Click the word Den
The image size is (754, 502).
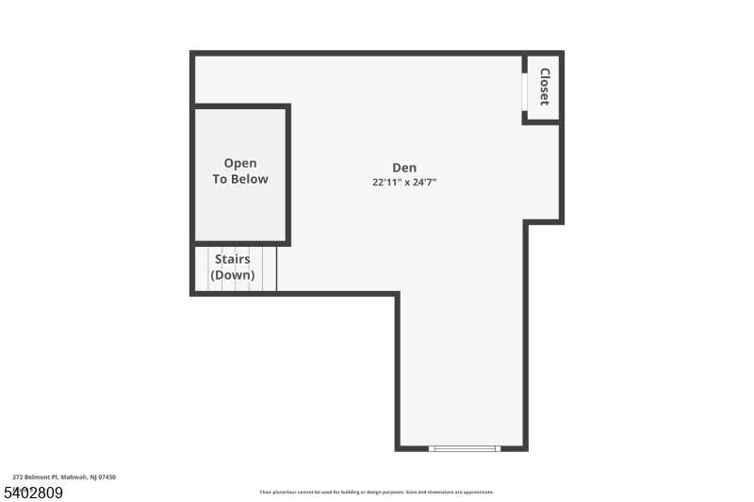click(x=404, y=168)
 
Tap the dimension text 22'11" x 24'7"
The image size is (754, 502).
click(x=404, y=183)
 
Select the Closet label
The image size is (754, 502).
click(x=545, y=87)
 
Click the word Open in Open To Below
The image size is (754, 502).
click(x=239, y=164)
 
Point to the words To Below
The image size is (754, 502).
click(x=239, y=179)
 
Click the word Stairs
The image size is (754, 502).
click(x=233, y=259)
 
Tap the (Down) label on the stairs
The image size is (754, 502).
click(x=233, y=275)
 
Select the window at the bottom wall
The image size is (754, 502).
click(x=464, y=448)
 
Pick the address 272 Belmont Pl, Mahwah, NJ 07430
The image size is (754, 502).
click(x=64, y=478)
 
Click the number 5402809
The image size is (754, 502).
click(x=34, y=493)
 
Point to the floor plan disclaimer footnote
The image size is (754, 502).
click(x=376, y=492)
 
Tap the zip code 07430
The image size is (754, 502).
click(x=107, y=478)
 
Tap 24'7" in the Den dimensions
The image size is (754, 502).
click(x=420, y=183)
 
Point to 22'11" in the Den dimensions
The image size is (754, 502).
click(x=386, y=183)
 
